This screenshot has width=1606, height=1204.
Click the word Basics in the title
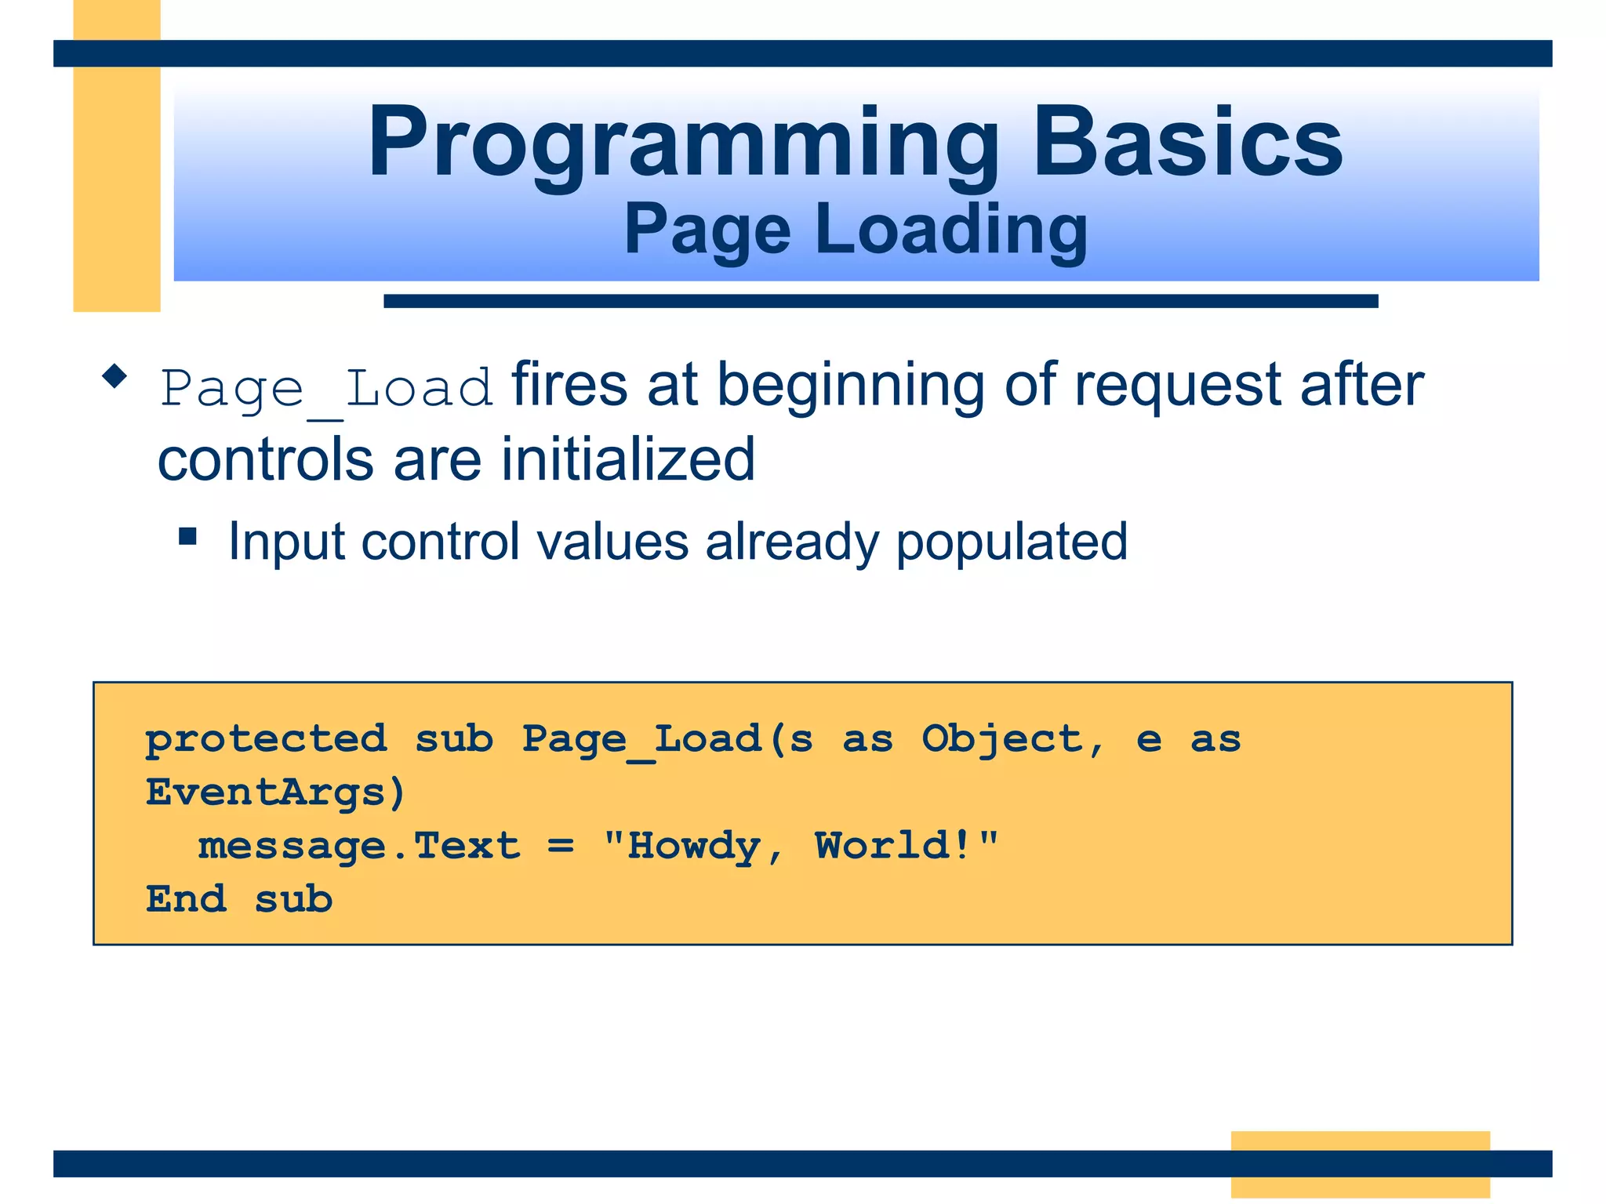pos(1187,143)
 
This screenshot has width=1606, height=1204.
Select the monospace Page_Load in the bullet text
pos(327,389)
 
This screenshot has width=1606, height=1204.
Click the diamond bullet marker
pos(114,376)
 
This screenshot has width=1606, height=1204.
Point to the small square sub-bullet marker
pos(187,536)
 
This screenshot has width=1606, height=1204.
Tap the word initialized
pos(628,460)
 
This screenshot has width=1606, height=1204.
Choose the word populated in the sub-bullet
pos(1011,542)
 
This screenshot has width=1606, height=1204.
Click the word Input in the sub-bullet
pos(285,542)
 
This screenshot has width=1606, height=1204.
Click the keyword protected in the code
pos(267,739)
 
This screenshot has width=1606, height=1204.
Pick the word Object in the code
pos(1002,739)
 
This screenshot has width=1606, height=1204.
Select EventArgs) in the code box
pos(275,792)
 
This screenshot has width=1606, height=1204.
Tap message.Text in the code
pos(359,847)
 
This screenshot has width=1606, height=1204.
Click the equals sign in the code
pos(561,847)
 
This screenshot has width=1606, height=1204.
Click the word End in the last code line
pos(187,899)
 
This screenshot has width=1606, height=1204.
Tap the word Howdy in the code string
pos(694,847)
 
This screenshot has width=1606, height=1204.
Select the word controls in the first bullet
pos(265,460)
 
